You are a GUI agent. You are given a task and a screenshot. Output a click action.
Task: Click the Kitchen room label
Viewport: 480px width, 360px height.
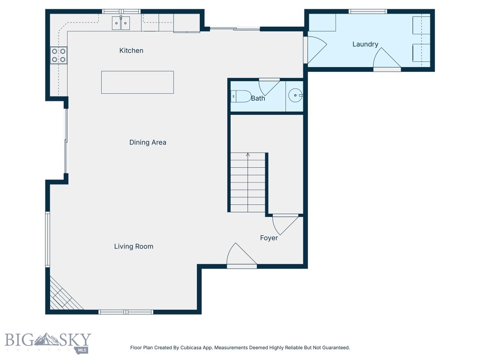(131, 51)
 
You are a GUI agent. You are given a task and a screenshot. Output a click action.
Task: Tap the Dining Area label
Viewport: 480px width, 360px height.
(148, 142)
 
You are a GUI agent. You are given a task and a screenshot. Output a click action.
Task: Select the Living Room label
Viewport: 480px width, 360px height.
(134, 247)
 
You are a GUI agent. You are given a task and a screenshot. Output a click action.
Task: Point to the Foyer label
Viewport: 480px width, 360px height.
(269, 238)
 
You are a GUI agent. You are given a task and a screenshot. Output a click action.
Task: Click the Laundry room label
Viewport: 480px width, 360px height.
(365, 44)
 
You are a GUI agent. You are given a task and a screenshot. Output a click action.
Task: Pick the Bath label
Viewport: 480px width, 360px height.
(258, 98)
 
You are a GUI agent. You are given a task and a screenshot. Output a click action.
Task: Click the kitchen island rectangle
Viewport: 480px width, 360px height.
(137, 82)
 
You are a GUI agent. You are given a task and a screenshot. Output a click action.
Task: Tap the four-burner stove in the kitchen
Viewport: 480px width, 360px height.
(59, 55)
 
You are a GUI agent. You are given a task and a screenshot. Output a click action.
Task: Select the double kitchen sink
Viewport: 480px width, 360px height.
(121, 23)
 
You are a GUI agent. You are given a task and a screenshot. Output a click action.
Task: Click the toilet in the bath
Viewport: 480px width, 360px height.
(240, 97)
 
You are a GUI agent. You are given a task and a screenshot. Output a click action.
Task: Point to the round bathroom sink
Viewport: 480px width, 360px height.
(295, 96)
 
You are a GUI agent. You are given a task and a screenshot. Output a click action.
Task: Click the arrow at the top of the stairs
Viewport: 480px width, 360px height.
(247, 155)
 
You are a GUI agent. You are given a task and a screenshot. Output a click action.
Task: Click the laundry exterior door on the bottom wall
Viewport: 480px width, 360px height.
(387, 60)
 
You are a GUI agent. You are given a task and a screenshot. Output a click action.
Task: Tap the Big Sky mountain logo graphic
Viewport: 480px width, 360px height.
(46, 339)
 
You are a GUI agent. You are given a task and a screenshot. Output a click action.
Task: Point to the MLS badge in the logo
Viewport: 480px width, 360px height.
(82, 350)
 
